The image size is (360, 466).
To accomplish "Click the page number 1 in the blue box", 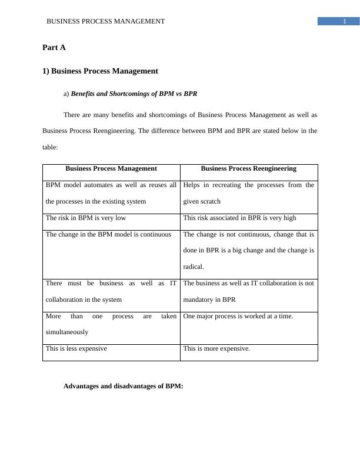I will (344, 21).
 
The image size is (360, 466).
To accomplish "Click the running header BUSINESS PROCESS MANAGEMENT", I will (106, 21).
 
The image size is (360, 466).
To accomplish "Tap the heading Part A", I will (54, 47).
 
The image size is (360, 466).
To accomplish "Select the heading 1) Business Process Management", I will (100, 71).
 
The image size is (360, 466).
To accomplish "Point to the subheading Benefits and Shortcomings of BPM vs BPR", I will (134, 94).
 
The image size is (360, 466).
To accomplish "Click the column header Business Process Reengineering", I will (249, 168).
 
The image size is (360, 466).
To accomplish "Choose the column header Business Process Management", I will (111, 168).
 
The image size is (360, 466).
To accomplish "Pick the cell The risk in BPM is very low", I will (86, 218).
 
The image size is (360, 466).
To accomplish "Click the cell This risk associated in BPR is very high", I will (239, 218).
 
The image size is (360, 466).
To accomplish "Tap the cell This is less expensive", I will (76, 348).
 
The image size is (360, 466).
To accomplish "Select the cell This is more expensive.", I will (216, 348).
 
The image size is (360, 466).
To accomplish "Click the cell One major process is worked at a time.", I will (238, 316).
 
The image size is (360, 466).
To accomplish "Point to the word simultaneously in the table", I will (67, 332).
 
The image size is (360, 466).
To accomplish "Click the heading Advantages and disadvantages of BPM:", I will (124, 386).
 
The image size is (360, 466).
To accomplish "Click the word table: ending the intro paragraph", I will (51, 148).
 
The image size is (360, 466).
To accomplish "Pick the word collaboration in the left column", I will (66, 299).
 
